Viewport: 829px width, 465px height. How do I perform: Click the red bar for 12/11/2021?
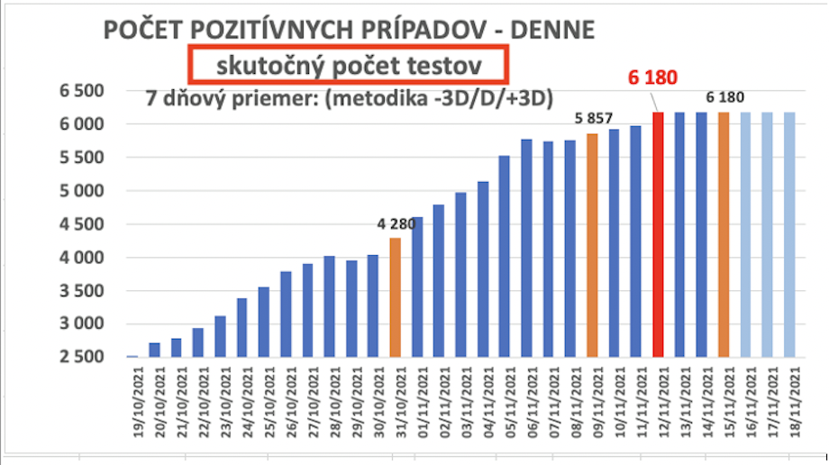pyautogui.click(x=658, y=234)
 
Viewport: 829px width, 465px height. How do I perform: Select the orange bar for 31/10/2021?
pyautogui.click(x=396, y=297)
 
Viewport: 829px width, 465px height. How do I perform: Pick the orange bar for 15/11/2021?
pyautogui.click(x=724, y=234)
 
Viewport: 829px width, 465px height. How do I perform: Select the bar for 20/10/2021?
pyautogui.click(x=155, y=350)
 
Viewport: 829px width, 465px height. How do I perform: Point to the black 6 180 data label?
pyautogui.click(x=724, y=97)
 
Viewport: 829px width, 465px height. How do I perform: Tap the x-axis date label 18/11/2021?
pyautogui.click(x=794, y=407)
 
